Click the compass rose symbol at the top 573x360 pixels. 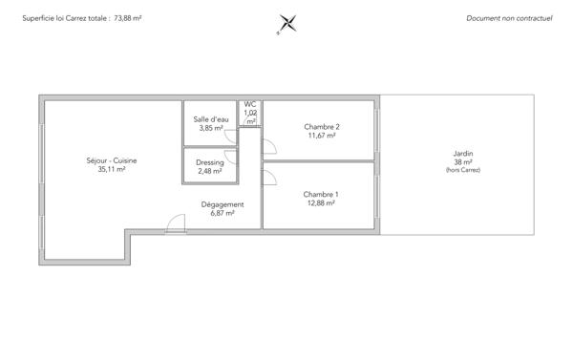[286, 24]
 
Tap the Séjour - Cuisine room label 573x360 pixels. [112, 160]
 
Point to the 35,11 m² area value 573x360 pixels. [112, 169]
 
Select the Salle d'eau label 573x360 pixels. [211, 119]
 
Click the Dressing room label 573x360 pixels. [210, 162]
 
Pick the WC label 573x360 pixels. [250, 104]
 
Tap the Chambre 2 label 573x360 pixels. [322, 126]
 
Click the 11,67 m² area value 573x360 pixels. [322, 136]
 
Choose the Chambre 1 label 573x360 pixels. [322, 194]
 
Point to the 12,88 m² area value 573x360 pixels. [322, 203]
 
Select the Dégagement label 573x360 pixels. [223, 204]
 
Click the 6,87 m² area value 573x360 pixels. [223, 214]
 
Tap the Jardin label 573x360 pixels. [463, 154]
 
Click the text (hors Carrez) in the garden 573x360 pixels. [463, 170]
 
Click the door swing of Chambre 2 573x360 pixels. [268, 146]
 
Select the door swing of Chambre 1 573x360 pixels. [268, 177]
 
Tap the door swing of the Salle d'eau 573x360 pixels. [230, 137]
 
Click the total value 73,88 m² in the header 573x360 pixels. [128, 18]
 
